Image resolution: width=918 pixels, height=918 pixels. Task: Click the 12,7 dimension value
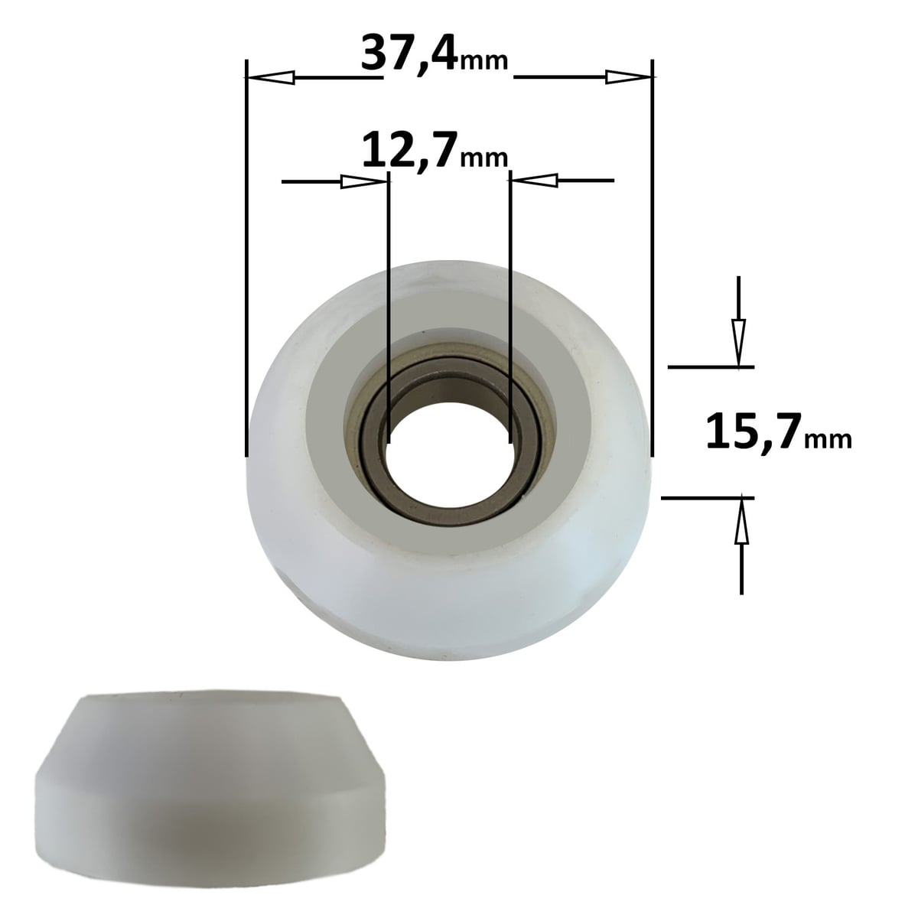point(411,151)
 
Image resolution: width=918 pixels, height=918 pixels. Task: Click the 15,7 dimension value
point(754,431)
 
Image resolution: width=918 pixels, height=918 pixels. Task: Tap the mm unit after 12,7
point(484,158)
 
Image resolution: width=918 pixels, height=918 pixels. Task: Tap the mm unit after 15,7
point(828,440)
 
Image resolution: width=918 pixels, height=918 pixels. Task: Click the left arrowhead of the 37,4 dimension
point(269,77)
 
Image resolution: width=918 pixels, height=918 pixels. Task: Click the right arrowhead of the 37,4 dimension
point(629,76)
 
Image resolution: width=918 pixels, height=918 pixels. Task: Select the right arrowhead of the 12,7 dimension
point(533,180)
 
